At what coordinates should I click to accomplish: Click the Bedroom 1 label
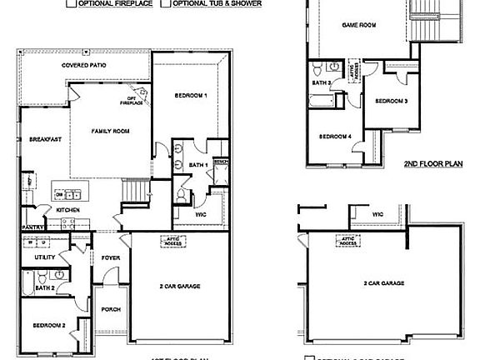191,96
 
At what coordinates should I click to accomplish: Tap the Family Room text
109,132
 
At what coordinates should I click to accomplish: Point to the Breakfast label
46,139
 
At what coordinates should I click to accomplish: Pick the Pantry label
32,226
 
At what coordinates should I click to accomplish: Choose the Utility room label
44,258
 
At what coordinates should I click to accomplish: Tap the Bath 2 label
45,287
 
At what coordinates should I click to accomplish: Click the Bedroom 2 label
48,325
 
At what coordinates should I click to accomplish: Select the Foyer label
110,258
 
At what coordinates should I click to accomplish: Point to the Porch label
110,309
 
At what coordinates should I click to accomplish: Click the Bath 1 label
197,166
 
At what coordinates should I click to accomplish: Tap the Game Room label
358,25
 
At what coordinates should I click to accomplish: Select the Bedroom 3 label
391,101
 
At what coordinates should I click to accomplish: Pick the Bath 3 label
322,83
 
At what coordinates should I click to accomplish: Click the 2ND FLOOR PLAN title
432,165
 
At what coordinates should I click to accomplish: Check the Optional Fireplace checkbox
72,3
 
